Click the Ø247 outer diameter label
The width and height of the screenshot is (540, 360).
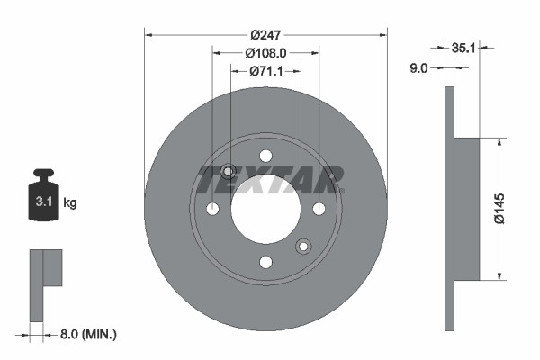pos(265,34)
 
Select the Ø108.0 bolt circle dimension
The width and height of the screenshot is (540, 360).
pos(265,52)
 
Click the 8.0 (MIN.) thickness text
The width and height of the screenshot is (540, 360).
pos(87,334)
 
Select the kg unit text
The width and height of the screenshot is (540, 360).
pos(70,203)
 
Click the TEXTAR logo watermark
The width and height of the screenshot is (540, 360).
pos(270,180)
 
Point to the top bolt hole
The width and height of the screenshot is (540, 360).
pos(265,156)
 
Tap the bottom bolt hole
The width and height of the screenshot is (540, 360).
pos(265,262)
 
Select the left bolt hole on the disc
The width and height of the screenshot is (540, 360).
pos(212,209)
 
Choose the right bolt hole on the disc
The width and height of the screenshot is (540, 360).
pos(319,209)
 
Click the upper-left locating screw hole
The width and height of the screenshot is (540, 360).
pos(228,171)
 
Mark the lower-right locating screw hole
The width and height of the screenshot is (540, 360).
pos(303,246)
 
